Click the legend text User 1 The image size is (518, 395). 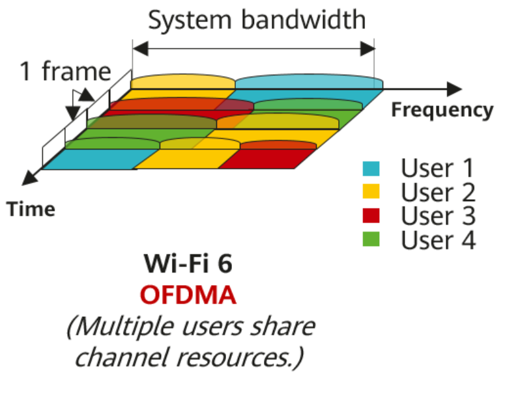click(437, 169)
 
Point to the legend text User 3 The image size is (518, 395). click(437, 216)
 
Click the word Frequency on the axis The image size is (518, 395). click(442, 111)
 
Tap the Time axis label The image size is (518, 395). click(31, 209)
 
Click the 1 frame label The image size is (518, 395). click(65, 72)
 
